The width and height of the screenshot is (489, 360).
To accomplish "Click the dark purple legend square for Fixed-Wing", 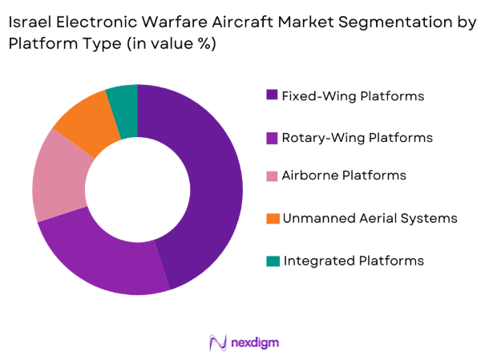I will (273, 96).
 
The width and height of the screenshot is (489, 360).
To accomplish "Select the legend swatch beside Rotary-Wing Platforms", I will (273, 138).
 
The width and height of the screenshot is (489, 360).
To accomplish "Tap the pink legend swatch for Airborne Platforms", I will (273, 176).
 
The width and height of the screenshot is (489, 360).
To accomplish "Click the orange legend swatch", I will (273, 218).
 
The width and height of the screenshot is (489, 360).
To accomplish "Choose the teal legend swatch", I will (273, 261).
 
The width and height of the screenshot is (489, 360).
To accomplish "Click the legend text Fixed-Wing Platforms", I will (354, 96).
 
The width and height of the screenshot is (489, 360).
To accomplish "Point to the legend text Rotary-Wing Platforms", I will (358, 138).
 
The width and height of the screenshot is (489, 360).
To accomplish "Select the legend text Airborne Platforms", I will (345, 176).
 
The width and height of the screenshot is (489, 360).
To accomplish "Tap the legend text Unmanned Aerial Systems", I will (370, 218).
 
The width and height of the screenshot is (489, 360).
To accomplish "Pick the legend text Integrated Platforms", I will (354, 261).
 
